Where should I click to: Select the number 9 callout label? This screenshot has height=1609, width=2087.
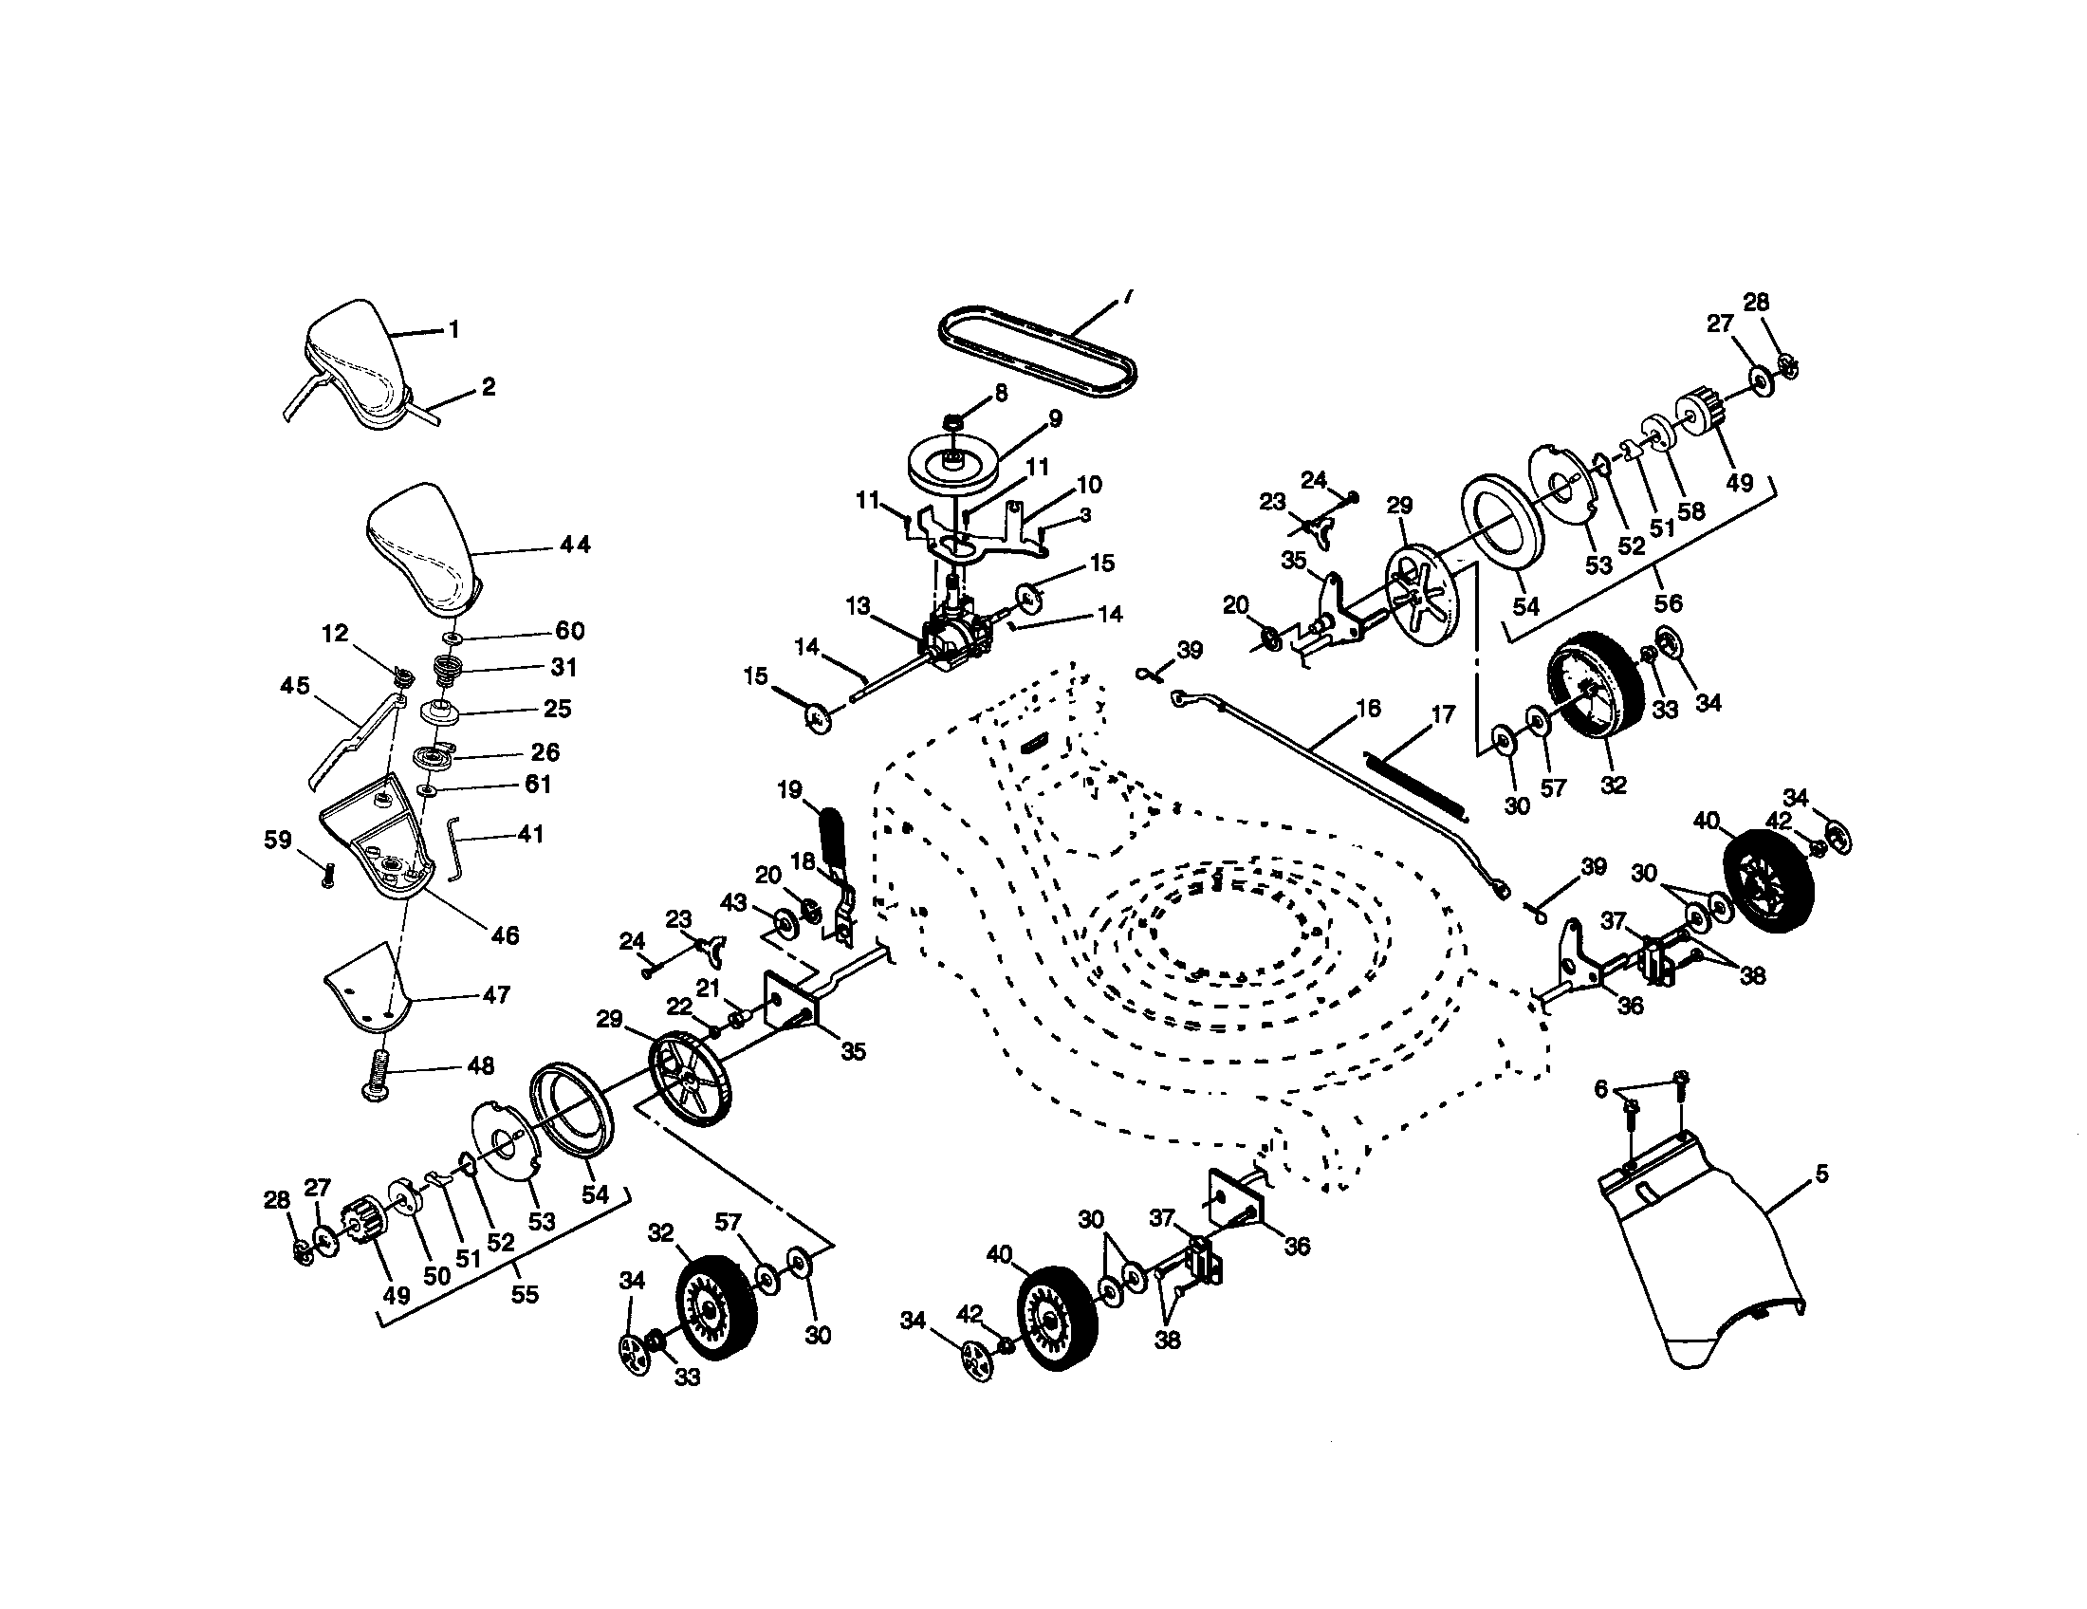[1055, 418]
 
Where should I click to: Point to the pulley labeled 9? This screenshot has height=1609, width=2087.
[952, 464]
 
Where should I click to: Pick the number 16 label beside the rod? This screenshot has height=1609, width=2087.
[1367, 708]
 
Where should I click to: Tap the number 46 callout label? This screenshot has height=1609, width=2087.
[504, 935]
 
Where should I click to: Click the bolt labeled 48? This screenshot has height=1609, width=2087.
[379, 1077]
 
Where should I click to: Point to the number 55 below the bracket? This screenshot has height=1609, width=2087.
[525, 1294]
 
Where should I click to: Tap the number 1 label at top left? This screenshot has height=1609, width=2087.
[453, 329]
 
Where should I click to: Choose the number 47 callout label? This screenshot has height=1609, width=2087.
[496, 994]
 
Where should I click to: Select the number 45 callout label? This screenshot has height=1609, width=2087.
[294, 685]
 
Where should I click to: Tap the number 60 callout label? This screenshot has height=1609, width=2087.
[569, 631]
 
